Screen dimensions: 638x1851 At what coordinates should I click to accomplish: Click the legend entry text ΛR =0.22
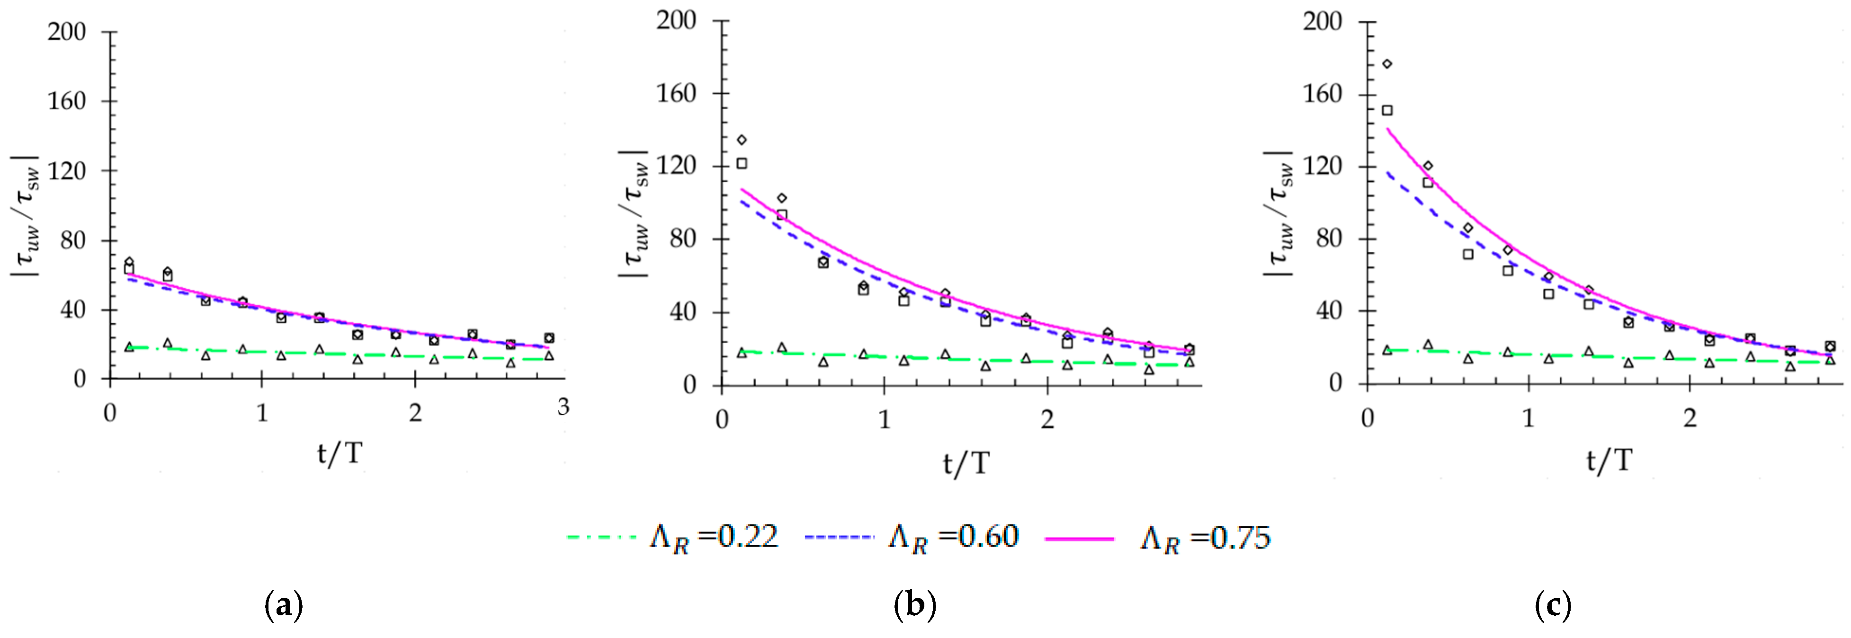pyautogui.click(x=714, y=537)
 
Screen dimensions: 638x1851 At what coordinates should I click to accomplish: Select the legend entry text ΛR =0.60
pyautogui.click(x=954, y=537)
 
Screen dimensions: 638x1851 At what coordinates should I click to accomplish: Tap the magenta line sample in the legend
pyautogui.click(x=1079, y=538)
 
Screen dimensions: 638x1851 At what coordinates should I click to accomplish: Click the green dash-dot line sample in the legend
pyautogui.click(x=601, y=537)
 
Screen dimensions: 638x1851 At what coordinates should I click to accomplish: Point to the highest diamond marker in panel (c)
pyautogui.click(x=1387, y=64)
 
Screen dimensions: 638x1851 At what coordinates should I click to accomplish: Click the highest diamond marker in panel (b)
pyautogui.click(x=742, y=139)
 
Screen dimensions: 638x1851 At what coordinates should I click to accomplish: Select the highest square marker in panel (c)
pyautogui.click(x=1387, y=110)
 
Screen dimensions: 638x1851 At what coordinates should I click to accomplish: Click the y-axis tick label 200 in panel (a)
pyautogui.click(x=67, y=32)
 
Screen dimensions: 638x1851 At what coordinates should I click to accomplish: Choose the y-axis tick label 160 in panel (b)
pyautogui.click(x=676, y=93)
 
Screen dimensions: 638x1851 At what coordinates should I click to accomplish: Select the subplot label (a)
pyautogui.click(x=284, y=606)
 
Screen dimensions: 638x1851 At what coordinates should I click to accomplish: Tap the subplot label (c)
pyautogui.click(x=1552, y=606)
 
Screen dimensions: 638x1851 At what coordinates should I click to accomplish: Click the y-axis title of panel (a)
pyautogui.click(x=26, y=215)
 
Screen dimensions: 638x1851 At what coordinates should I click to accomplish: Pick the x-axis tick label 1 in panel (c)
pyautogui.click(x=1529, y=417)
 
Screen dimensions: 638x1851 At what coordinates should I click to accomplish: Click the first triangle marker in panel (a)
pyautogui.click(x=129, y=347)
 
